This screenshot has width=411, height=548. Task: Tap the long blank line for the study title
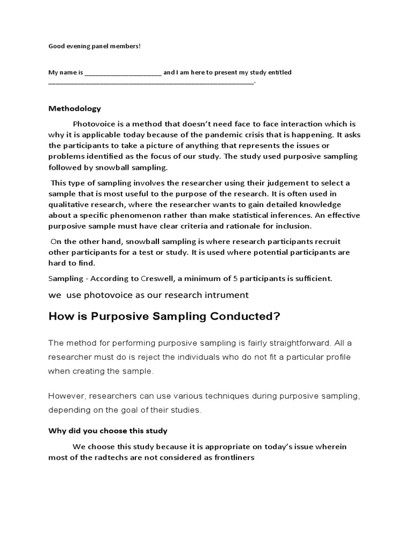(x=151, y=82)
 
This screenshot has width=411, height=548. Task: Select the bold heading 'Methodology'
(x=74, y=109)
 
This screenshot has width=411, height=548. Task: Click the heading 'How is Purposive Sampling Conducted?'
(x=164, y=316)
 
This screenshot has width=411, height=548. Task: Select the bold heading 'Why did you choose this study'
(x=108, y=431)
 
